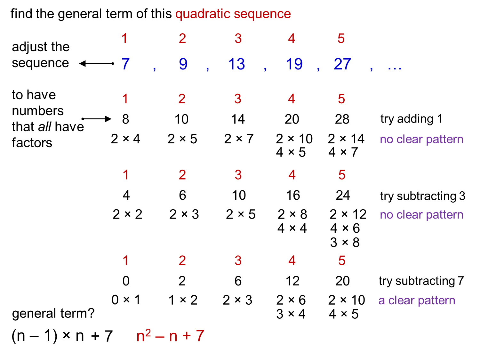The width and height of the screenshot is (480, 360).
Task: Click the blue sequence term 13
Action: pos(236,64)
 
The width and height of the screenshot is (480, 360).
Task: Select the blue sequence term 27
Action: pos(342,64)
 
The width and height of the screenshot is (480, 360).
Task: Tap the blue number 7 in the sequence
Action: pos(125,64)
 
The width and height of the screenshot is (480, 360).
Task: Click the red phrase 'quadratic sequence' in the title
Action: pos(233,14)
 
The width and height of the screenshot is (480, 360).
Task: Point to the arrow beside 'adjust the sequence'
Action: pos(96,64)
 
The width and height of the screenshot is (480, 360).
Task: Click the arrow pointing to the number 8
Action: pos(96,119)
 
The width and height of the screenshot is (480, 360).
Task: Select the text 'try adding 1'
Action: pos(411,119)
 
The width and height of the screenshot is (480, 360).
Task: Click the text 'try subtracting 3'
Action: pos(422,196)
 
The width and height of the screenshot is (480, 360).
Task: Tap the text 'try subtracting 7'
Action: pos(421,281)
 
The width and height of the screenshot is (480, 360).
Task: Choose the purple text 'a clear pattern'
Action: pos(417,300)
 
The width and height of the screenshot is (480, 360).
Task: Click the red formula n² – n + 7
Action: pos(170,336)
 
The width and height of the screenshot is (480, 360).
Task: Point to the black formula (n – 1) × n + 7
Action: pos(62,336)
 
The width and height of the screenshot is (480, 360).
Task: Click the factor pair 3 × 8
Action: pos(345,243)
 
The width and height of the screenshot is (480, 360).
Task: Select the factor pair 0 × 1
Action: pos(125,300)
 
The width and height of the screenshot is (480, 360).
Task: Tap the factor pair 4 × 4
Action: pos(292,228)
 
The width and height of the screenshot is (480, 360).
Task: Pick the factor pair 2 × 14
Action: pos(346,139)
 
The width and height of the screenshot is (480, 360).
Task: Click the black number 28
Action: pos(342,119)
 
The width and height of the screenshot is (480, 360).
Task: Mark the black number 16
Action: pos(293,195)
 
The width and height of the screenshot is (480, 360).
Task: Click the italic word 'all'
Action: pos(45,127)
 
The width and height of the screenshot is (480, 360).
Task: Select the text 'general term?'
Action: pos(53,313)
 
